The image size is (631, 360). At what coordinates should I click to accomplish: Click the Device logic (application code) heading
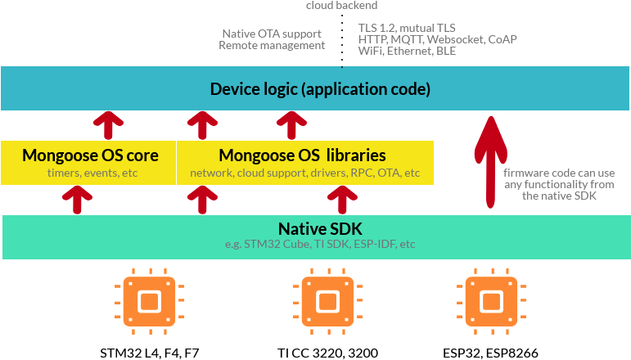coord(320,88)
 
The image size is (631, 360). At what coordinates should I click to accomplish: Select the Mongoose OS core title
coord(90,155)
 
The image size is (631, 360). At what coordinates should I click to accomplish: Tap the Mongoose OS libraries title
coord(304,155)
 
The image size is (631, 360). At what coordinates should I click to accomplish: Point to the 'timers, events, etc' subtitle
coord(90,173)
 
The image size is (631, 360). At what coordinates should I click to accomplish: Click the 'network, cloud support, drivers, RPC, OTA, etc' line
coord(304,173)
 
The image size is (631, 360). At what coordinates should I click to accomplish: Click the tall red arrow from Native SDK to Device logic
coord(489,164)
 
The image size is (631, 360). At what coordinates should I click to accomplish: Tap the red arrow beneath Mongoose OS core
coord(79,198)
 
